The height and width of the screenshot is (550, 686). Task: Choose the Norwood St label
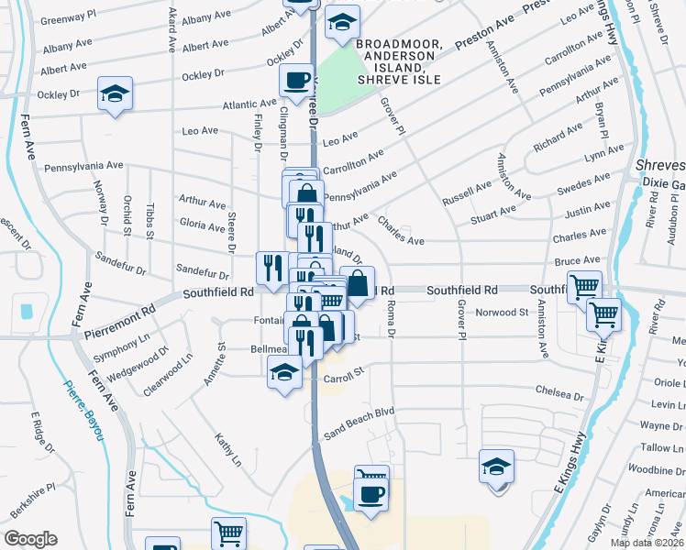point(502,313)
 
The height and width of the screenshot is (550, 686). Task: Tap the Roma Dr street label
point(390,322)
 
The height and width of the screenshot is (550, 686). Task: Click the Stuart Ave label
point(492,213)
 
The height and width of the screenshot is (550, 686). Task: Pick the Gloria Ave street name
point(202,226)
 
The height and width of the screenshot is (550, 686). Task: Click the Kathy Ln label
point(227,449)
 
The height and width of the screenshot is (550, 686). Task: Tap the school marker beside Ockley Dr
point(115,95)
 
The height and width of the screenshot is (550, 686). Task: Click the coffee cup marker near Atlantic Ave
point(296,82)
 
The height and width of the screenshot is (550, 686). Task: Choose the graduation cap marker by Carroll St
point(283,372)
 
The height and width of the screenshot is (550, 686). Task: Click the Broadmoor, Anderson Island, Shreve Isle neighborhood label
point(399,61)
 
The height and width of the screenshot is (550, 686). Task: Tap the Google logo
point(30,539)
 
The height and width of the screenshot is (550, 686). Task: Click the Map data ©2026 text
point(647,543)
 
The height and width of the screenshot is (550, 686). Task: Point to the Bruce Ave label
point(577,261)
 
